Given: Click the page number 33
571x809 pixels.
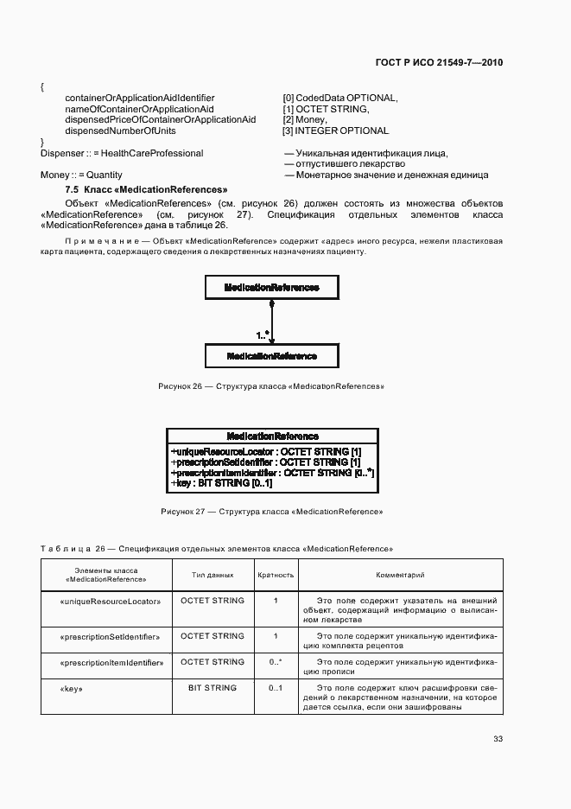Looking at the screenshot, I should (x=498, y=739).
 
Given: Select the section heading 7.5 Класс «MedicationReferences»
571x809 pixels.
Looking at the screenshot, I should (x=146, y=188).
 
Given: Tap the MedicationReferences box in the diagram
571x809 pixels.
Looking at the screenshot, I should (x=271, y=287).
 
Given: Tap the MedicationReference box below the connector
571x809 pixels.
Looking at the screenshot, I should (x=271, y=356).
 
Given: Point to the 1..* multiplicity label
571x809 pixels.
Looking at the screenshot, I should (x=263, y=334).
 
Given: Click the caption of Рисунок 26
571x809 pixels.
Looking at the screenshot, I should (x=271, y=386).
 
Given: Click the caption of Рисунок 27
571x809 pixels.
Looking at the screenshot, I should (x=271, y=512).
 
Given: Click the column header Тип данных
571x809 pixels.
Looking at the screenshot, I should (x=212, y=575).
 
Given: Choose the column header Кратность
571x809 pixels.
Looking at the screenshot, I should (x=276, y=575).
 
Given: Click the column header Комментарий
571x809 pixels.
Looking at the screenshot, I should (x=400, y=575).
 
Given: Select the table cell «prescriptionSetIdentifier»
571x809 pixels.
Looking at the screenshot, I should (x=110, y=637).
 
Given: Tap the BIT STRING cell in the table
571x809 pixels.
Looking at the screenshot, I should (x=212, y=688).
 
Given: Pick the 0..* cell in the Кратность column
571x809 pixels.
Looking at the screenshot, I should (x=276, y=662).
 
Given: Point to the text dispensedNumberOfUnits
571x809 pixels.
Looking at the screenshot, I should (x=120, y=131).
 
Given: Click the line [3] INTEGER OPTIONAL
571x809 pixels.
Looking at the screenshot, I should (x=335, y=131).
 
